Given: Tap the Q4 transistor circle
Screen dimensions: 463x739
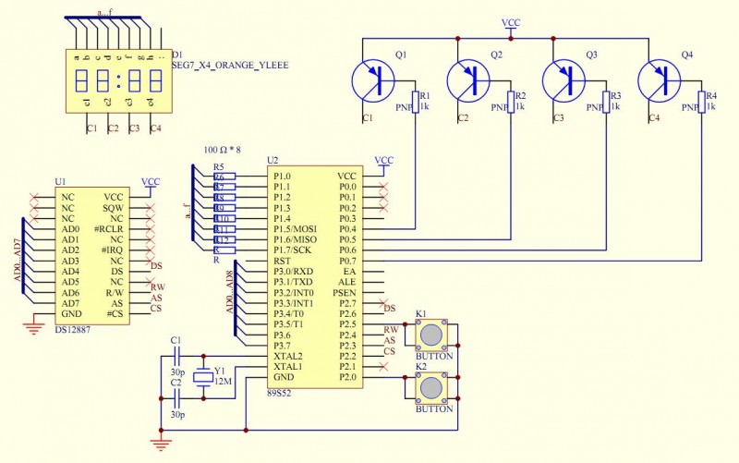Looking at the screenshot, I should pyautogui.click(x=660, y=80).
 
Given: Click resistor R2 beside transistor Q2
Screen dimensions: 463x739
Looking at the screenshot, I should pyautogui.click(x=510, y=102).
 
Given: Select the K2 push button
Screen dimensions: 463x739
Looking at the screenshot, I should pyautogui.click(x=432, y=387).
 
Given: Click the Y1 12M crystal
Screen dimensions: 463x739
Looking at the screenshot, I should pyautogui.click(x=202, y=377).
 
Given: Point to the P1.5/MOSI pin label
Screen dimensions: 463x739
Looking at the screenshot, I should pyautogui.click(x=295, y=228).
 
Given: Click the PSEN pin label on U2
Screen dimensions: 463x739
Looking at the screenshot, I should pyautogui.click(x=345, y=292).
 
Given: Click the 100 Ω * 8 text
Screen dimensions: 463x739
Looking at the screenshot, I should pyautogui.click(x=223, y=150).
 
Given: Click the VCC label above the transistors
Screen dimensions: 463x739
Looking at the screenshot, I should pyautogui.click(x=511, y=21).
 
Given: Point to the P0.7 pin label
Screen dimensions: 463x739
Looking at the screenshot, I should pyautogui.click(x=347, y=261).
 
